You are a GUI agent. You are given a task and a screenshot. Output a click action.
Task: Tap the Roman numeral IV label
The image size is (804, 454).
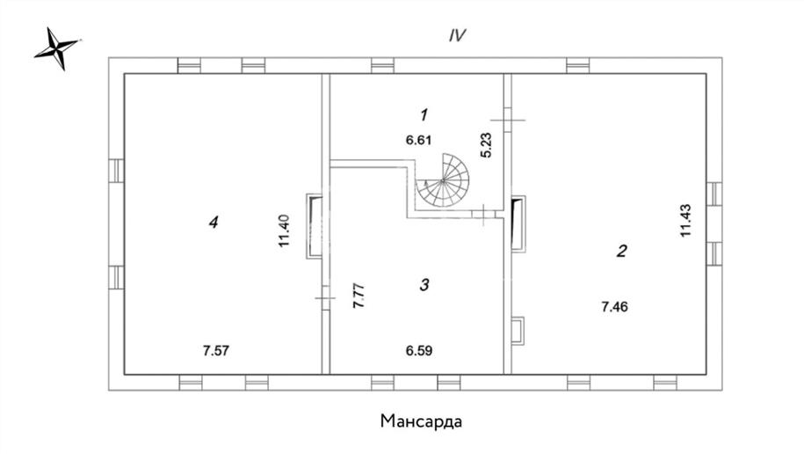tap(457, 36)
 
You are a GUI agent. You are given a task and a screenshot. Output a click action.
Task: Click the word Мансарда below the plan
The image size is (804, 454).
tap(421, 420)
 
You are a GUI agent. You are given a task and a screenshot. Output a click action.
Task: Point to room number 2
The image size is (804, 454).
tap(621, 251)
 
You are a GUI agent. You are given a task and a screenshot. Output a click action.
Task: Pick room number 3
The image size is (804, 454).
tap(424, 284)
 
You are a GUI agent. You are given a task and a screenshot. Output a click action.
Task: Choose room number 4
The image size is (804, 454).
tap(213, 223)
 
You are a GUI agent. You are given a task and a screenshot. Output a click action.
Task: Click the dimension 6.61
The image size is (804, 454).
tap(418, 139)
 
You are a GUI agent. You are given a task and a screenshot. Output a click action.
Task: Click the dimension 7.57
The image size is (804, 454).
tap(216, 351)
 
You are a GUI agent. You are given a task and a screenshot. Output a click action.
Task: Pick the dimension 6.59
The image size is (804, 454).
tap(418, 351)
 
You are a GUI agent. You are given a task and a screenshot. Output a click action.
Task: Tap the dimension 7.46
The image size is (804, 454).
tap(615, 307)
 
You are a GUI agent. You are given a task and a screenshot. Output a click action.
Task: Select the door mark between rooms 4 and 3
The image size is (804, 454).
tap(325, 300)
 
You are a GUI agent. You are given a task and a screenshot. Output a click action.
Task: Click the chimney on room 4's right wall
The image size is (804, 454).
tap(314, 226)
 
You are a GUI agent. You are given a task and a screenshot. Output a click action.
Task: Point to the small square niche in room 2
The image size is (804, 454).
tap(518, 329)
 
